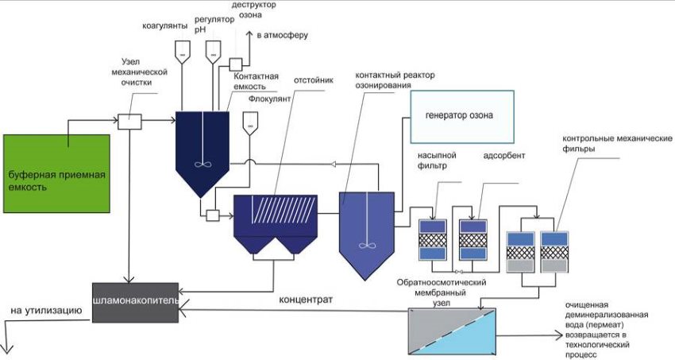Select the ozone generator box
click(x=462, y=116)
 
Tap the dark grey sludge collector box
click(x=135, y=302)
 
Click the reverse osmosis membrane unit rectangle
click(x=450, y=331)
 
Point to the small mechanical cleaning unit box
click(x=129, y=122)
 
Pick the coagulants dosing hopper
click(x=182, y=50)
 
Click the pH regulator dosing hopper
click(x=213, y=50)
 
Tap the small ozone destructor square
click(x=235, y=64)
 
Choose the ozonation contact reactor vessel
click(x=366, y=226)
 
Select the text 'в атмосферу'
click(x=283, y=35)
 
